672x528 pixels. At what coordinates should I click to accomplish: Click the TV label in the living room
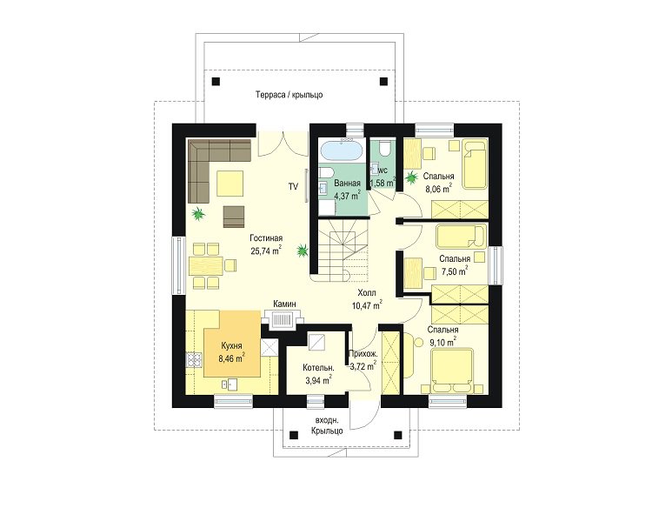point(293,186)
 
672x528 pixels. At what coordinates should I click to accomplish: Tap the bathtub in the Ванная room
point(342,150)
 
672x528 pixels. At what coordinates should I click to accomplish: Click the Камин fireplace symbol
point(282,319)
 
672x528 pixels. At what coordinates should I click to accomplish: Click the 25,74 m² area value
point(267,251)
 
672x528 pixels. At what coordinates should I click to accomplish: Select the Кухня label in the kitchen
point(231,346)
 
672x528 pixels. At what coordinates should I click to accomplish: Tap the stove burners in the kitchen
point(194,359)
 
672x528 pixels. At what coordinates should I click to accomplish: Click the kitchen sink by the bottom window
point(230,384)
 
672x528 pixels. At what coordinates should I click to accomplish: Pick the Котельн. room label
point(318,368)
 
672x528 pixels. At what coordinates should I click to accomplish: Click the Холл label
point(367,293)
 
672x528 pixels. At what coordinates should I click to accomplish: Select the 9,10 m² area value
point(442,342)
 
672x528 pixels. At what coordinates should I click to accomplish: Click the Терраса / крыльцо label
point(289,94)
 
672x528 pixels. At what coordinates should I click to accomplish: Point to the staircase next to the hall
point(343,250)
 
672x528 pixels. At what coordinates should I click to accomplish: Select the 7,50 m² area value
point(455,271)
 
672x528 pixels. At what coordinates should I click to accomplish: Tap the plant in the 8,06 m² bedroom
point(412,177)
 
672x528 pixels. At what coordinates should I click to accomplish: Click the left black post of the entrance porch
point(293,435)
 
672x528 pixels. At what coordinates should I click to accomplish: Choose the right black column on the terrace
point(383,81)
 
